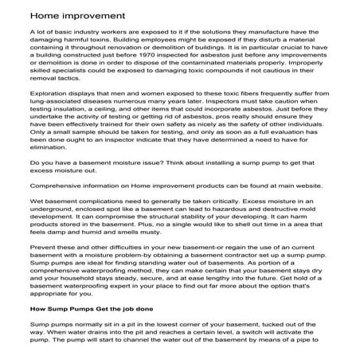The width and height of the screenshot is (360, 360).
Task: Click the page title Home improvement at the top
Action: point(68,16)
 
